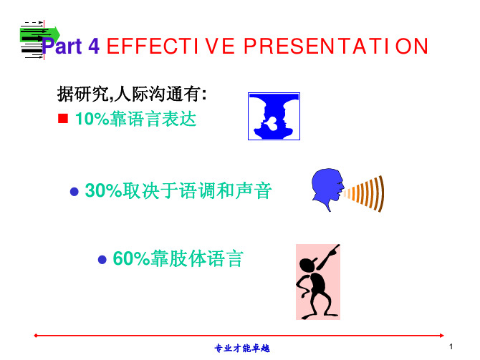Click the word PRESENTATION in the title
click(336, 47)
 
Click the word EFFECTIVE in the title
click(171, 47)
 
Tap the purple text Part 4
click(71, 47)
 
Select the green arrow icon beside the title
click(40, 34)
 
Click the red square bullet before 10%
click(63, 118)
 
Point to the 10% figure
click(92, 119)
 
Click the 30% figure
click(103, 190)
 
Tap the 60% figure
click(131, 258)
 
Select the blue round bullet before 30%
click(75, 192)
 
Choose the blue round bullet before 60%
click(102, 260)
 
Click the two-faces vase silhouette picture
click(274, 116)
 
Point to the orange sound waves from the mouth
click(364, 194)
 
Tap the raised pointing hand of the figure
click(334, 250)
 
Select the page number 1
click(451, 346)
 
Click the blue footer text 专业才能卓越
click(242, 349)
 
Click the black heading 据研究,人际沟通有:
click(132, 94)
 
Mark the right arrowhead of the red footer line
click(442, 336)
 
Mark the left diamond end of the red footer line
click(36, 336)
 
